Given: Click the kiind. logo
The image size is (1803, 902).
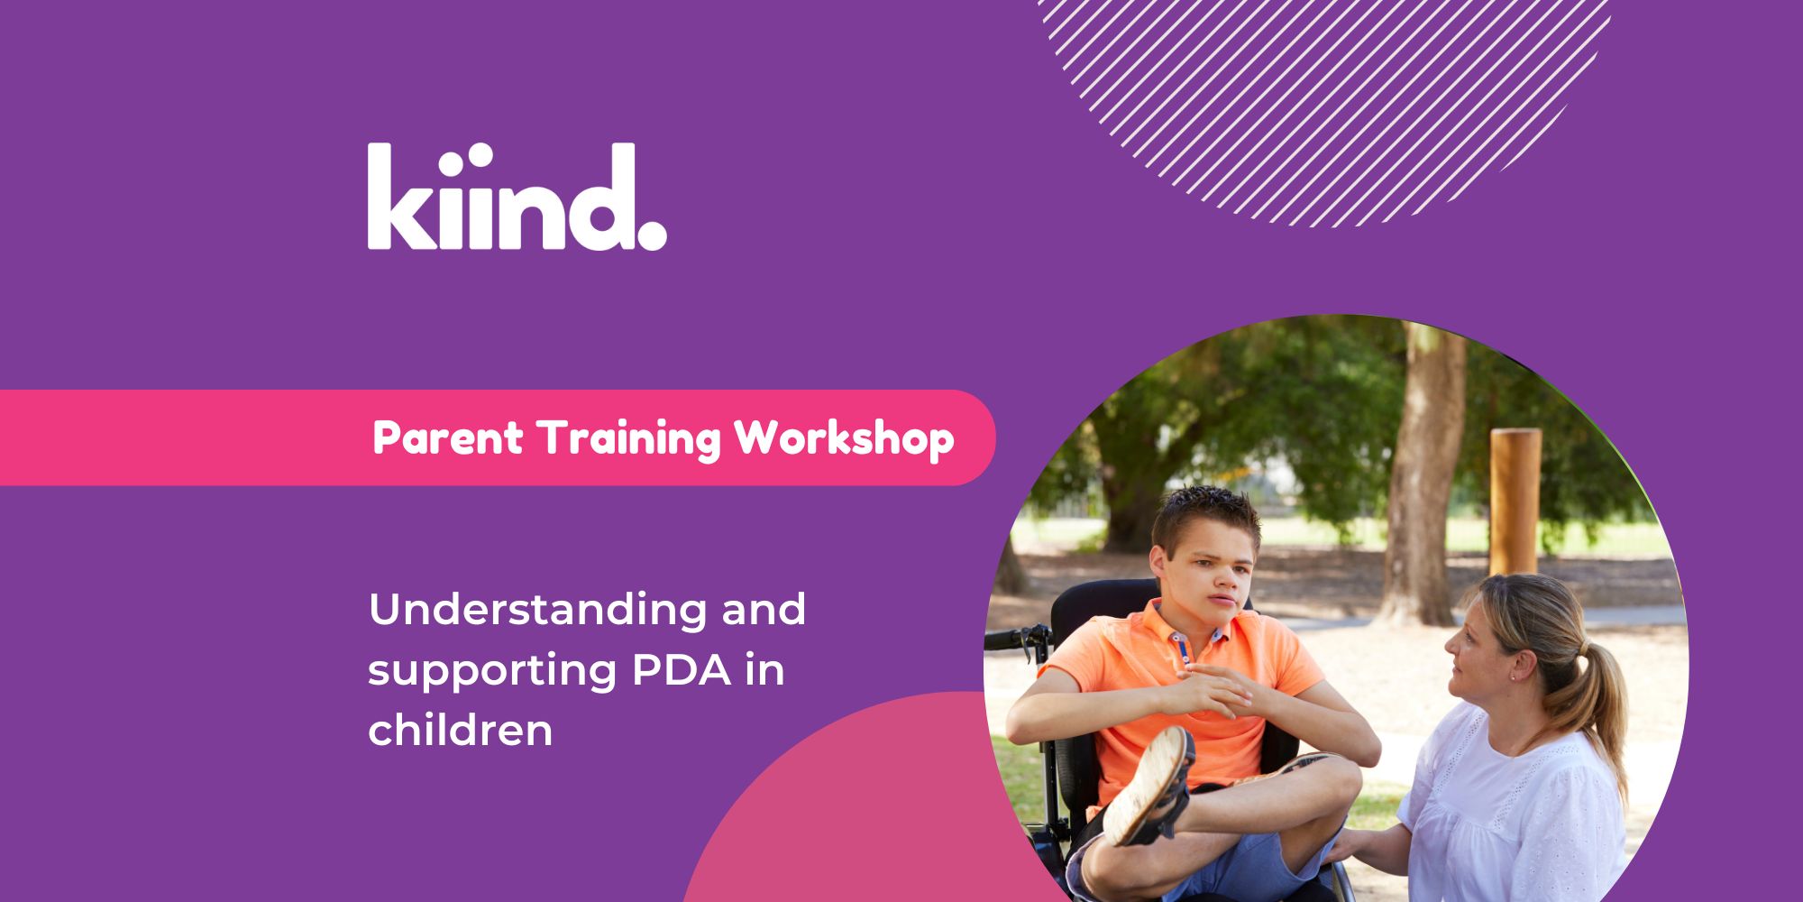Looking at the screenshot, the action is click(517, 196).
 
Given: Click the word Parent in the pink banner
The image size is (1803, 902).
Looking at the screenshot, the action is click(447, 438).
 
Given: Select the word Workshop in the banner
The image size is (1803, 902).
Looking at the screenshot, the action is click(844, 438).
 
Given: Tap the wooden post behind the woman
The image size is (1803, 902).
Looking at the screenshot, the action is click(1515, 502).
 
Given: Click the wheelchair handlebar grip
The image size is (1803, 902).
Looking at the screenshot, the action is click(1010, 640).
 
